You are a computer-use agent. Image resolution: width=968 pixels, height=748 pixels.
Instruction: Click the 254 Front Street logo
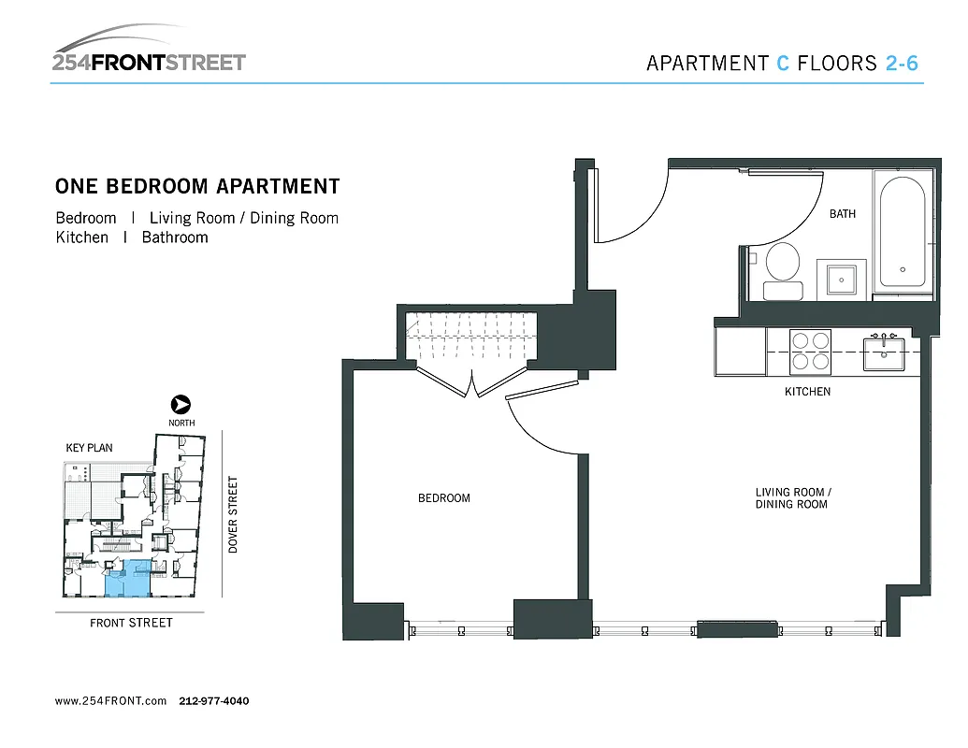[x=149, y=52]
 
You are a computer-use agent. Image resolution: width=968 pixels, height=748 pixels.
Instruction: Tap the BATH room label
[x=842, y=214]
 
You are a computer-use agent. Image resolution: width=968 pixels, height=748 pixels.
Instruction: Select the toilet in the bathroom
[x=782, y=268]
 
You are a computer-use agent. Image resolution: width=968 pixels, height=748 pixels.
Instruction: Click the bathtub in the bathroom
[x=903, y=231]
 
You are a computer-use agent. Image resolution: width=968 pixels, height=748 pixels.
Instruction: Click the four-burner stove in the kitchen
[x=811, y=351]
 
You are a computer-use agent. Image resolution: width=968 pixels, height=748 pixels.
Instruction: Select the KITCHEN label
[x=807, y=392]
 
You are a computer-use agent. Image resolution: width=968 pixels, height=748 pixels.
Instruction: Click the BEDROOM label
[x=443, y=498]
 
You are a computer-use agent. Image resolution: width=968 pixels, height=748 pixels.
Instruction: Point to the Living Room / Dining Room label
[x=792, y=498]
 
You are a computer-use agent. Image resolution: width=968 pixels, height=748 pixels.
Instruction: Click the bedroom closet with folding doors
[x=472, y=341]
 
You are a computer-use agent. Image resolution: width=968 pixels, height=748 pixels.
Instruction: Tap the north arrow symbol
[x=181, y=405]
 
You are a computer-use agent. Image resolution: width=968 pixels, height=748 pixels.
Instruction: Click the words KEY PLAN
[x=89, y=448]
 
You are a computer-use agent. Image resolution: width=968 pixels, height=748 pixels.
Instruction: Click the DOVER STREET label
[x=234, y=514]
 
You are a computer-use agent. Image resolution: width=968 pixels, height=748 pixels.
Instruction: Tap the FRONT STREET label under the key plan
[x=131, y=623]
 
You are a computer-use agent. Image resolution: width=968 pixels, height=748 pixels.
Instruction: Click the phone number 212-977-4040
[x=213, y=701]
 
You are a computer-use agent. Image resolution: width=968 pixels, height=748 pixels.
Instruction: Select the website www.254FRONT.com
[x=110, y=701]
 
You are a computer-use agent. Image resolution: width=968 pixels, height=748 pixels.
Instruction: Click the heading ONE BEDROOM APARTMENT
[x=197, y=186]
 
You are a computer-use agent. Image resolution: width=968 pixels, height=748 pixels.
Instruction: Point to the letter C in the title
[x=783, y=64]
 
